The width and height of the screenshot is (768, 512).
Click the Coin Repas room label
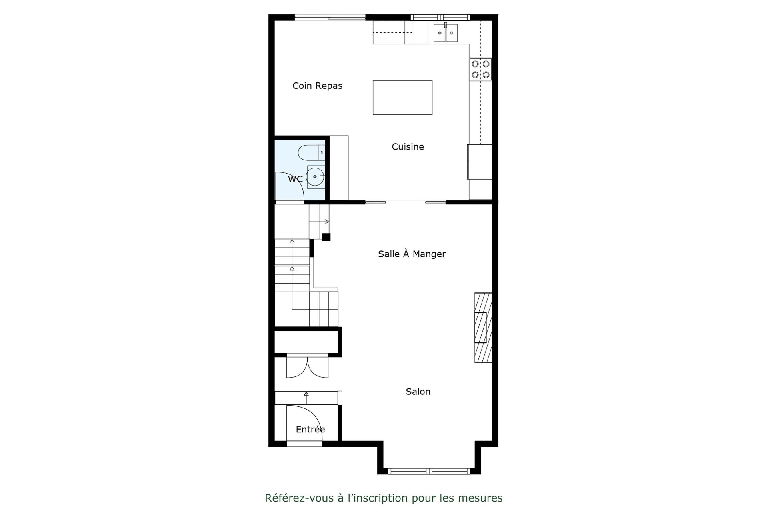click(x=317, y=86)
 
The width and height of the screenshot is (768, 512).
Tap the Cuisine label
click(x=408, y=147)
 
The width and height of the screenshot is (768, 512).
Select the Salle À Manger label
click(x=412, y=254)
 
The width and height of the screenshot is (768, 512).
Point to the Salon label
click(x=418, y=392)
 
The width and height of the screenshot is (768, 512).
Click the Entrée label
click(x=310, y=429)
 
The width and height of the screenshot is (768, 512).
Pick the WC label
click(x=295, y=179)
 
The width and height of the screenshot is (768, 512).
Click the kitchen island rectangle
click(x=402, y=98)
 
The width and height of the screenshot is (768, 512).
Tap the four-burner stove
click(x=480, y=69)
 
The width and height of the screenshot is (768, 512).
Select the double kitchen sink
click(x=446, y=32)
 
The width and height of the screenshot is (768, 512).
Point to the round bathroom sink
click(x=316, y=177)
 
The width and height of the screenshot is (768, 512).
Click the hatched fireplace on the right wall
click(x=483, y=328)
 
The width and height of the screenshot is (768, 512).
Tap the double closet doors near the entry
click(x=307, y=367)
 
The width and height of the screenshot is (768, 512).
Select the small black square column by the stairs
click(x=326, y=237)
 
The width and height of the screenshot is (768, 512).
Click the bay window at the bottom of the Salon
click(x=429, y=471)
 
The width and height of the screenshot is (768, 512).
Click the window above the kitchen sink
click(x=441, y=17)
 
